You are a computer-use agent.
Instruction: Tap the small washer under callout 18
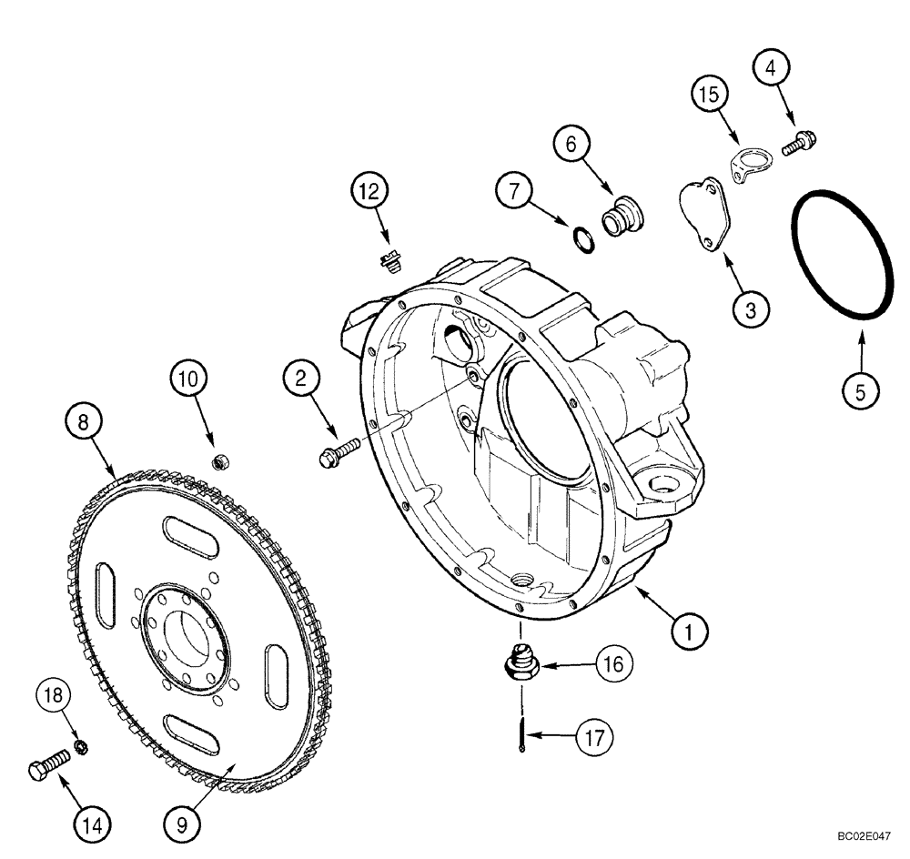pos(79,747)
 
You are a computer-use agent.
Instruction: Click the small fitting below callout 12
pos(390,262)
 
